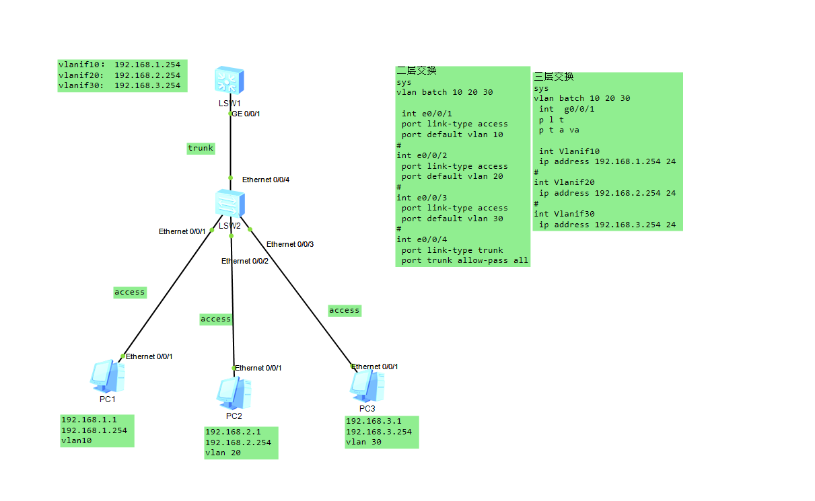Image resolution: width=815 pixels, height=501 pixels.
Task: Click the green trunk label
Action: coord(201,148)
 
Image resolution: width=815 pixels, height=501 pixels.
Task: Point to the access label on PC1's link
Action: coord(130,292)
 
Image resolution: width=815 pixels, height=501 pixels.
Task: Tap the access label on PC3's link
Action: coord(345,310)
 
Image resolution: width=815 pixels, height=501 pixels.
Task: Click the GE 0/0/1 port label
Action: coord(246,114)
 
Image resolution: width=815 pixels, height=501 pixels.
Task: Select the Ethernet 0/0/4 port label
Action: coord(266,180)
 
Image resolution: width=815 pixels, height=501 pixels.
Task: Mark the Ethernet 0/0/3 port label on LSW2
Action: coord(290,244)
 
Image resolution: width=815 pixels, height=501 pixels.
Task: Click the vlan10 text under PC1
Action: coord(76,440)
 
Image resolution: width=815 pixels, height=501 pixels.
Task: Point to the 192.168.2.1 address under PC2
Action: coord(232,432)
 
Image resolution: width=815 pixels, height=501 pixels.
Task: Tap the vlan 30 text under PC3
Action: coord(363,442)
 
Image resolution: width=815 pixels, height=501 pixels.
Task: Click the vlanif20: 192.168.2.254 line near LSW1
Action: coord(120,75)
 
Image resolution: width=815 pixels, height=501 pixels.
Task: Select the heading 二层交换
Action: coord(417,71)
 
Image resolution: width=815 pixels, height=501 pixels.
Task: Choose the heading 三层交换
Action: coord(554,77)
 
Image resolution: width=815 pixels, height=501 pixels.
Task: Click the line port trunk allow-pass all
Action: coord(465,260)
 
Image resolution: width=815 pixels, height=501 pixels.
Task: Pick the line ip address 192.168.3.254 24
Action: coord(607,225)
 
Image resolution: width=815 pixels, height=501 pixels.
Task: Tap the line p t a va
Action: coord(559,130)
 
